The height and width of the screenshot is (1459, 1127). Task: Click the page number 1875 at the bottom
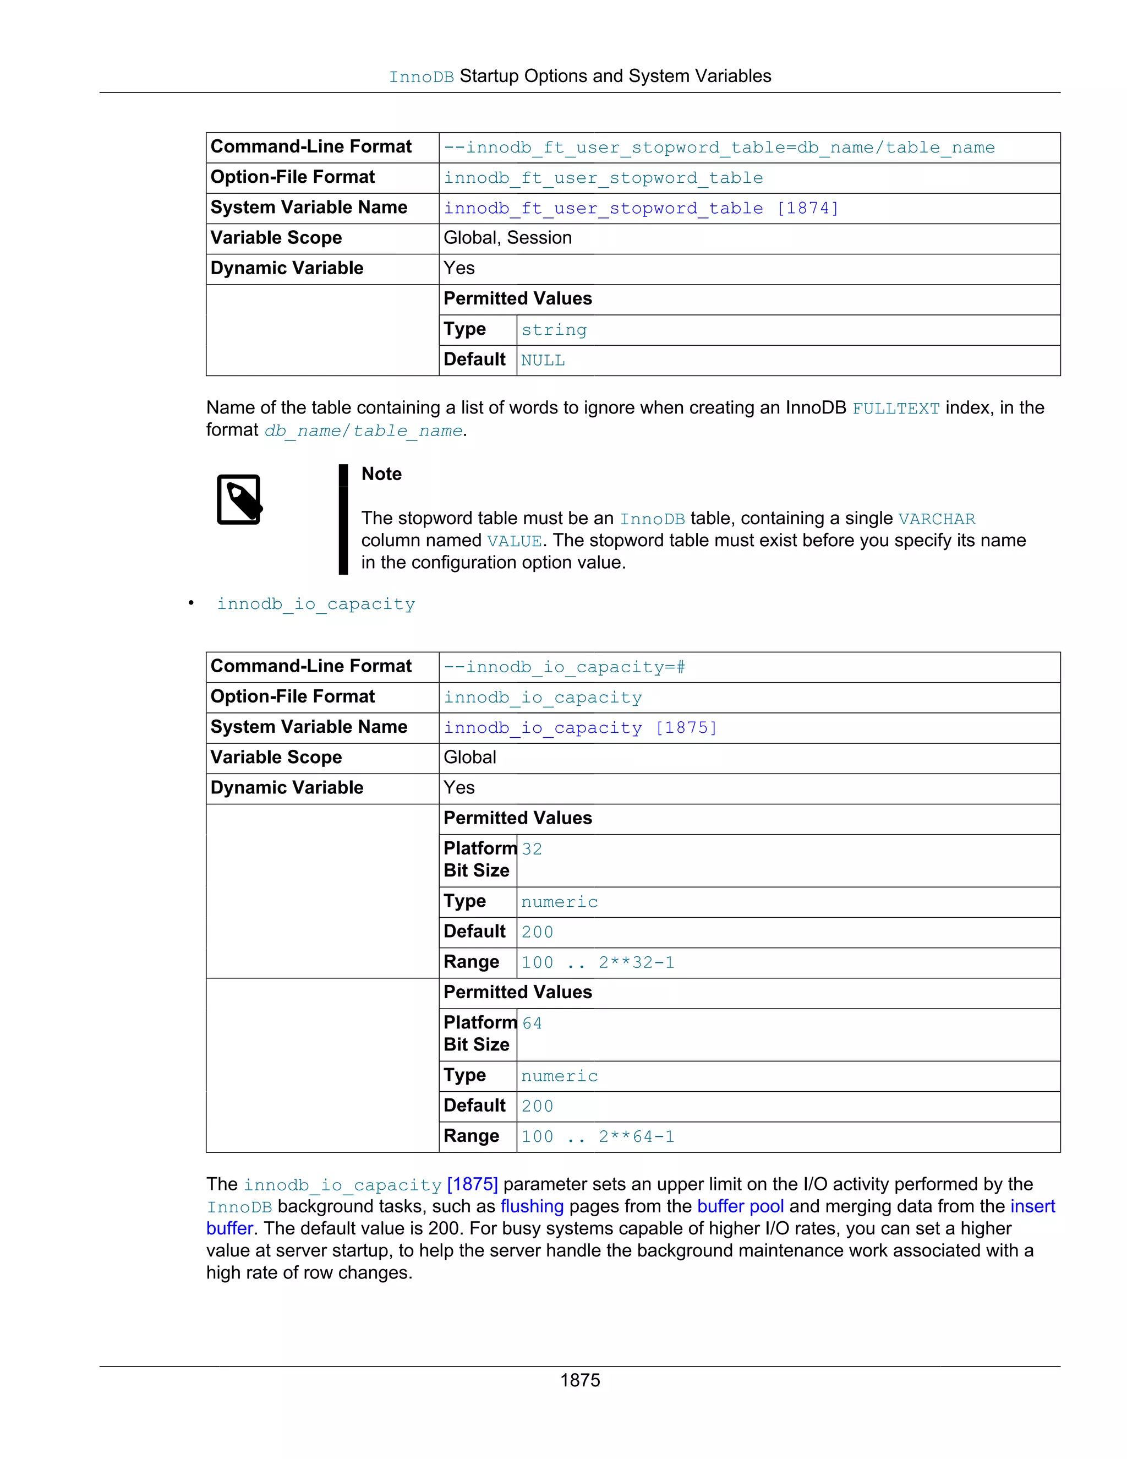579,1380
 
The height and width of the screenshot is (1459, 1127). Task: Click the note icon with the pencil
239,500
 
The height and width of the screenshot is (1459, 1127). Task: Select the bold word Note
381,474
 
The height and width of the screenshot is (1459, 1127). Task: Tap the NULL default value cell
543,361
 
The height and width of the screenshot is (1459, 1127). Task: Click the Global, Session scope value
507,238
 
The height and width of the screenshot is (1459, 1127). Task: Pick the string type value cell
554,330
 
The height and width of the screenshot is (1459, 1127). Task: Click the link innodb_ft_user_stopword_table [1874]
641,209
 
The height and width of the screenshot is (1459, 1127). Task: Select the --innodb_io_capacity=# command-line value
564,667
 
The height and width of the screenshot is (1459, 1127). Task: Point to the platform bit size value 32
532,849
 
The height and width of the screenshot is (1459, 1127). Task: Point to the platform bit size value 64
532,1024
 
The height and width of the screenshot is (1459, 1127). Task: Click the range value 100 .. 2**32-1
598,962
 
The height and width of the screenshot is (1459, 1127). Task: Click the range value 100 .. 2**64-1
598,1137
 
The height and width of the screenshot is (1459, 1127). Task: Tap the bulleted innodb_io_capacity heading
316,604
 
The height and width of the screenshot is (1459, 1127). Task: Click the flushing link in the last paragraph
532,1206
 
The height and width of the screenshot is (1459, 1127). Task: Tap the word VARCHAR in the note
936,519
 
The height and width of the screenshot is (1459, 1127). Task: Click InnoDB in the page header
422,78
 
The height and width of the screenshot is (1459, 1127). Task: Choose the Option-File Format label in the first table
292,177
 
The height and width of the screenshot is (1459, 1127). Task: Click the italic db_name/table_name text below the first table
363,431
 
